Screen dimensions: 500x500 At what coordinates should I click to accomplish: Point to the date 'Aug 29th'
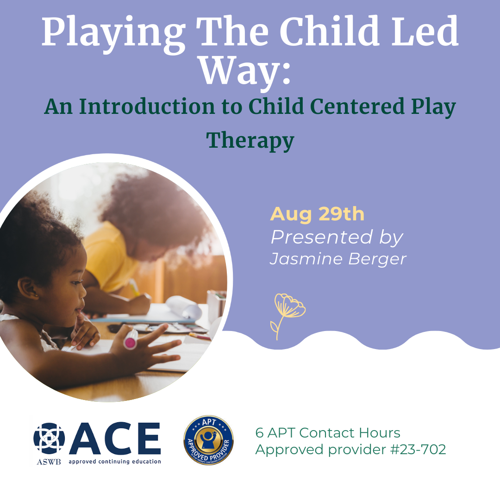pyautogui.click(x=317, y=214)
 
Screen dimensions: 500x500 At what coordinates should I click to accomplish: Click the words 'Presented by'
pyautogui.click(x=337, y=237)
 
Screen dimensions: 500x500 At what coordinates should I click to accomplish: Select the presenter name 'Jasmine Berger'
pyautogui.click(x=337, y=259)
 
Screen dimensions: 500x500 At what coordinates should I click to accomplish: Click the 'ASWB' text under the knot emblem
pyautogui.click(x=49, y=462)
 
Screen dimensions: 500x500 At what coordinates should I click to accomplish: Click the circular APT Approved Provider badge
pyautogui.click(x=208, y=440)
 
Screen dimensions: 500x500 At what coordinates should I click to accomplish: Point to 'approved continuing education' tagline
pyautogui.click(x=115, y=462)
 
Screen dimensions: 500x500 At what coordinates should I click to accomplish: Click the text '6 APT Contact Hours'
pyautogui.click(x=328, y=433)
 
